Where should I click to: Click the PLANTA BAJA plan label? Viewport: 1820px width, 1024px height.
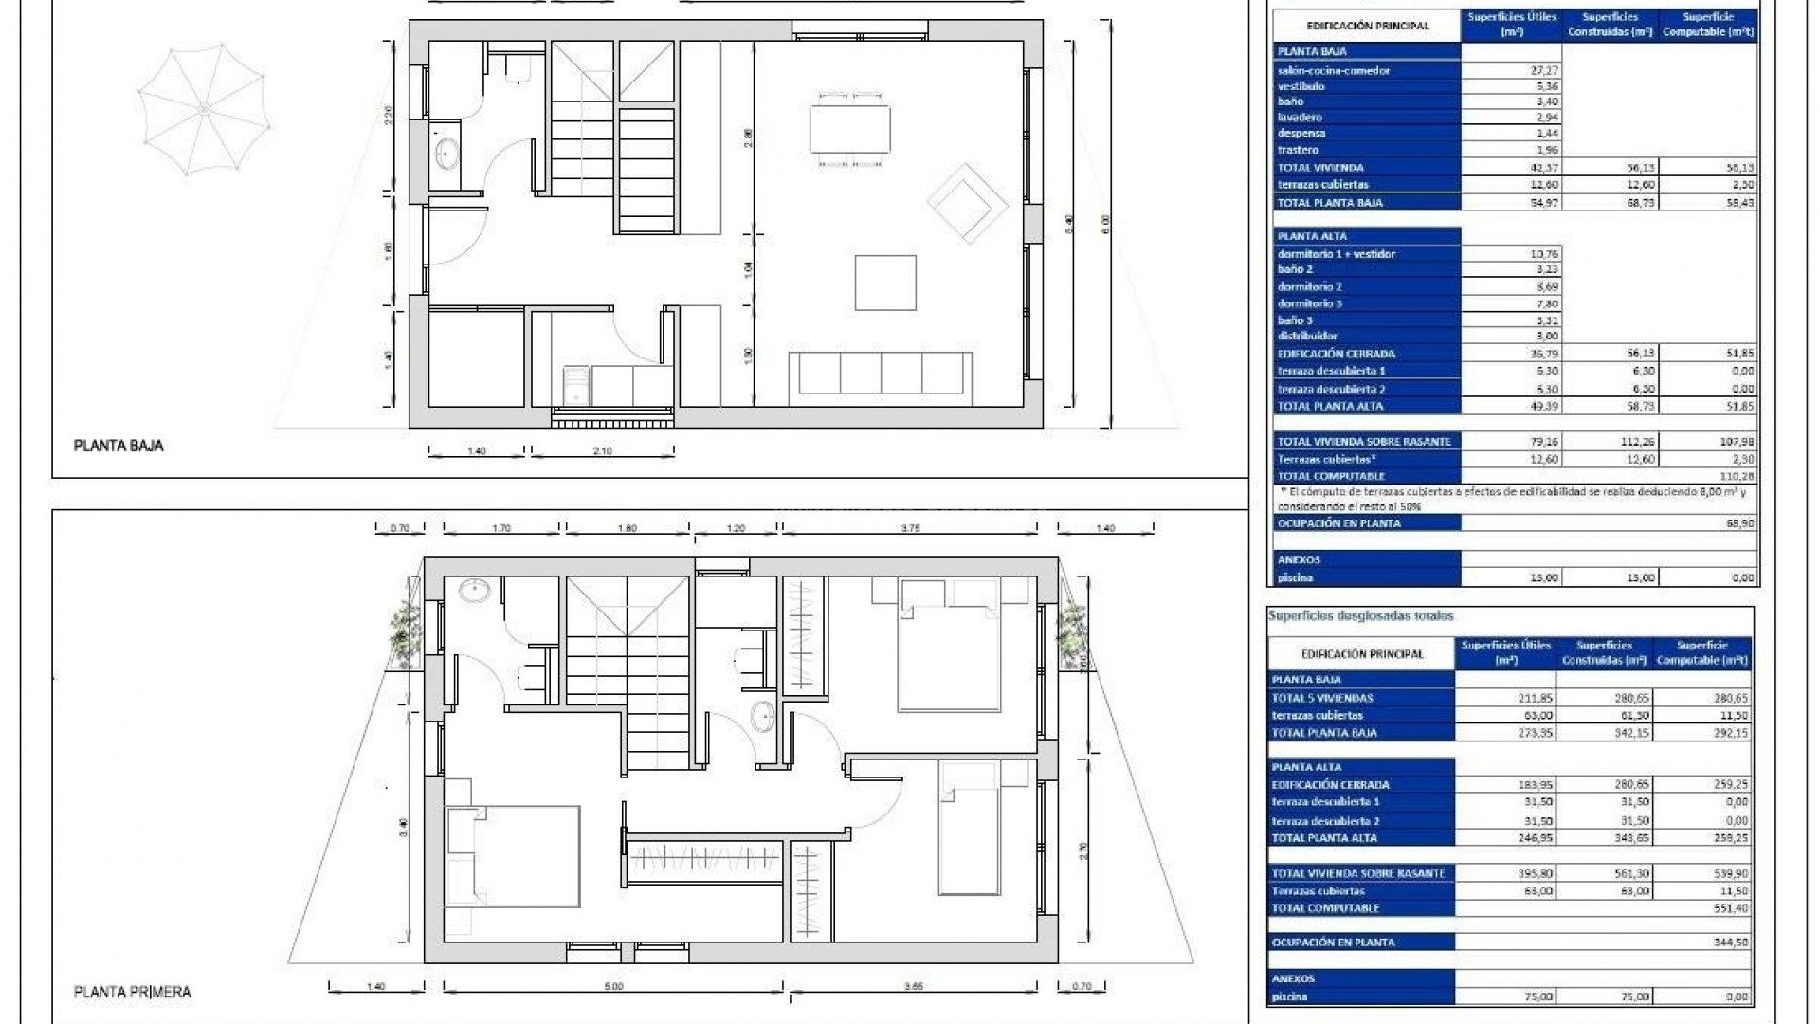click(x=118, y=446)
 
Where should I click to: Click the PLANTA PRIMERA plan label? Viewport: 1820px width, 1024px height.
click(x=133, y=992)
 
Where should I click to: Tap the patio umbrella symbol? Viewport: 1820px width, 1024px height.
click(x=204, y=112)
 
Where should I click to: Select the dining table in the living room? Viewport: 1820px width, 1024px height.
click(x=850, y=128)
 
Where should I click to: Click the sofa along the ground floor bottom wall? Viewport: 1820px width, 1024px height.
click(x=881, y=374)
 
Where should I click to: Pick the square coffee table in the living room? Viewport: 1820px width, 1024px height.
click(x=885, y=283)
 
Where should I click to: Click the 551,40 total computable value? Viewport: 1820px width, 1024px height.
click(x=1730, y=908)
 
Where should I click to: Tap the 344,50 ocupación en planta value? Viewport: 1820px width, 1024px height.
click(x=1730, y=942)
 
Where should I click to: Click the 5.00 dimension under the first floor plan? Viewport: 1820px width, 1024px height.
click(x=613, y=987)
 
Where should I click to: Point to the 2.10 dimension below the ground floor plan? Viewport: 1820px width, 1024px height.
click(x=602, y=451)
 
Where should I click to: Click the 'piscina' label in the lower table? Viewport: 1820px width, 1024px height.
click(x=1290, y=997)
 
